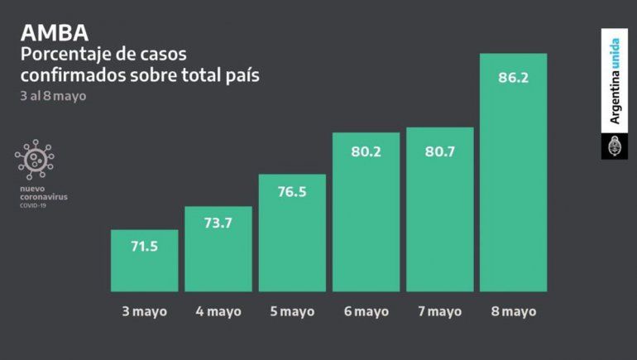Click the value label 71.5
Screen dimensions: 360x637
coord(144,247)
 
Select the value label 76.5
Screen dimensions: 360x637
coord(292,192)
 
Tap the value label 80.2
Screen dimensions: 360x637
coord(366,151)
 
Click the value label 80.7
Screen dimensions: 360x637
coord(439,151)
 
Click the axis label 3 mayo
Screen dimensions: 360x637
coord(144,312)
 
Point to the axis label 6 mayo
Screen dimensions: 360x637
coord(366,312)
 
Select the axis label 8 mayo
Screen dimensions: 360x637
coord(514,312)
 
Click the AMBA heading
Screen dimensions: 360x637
coord(55,33)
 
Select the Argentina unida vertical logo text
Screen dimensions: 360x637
coord(614,82)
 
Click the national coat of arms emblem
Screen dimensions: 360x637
coord(614,147)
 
